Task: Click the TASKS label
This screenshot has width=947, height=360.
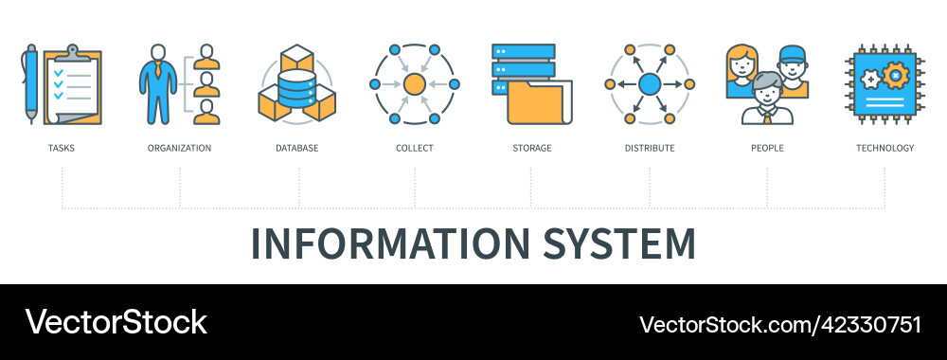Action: (62, 148)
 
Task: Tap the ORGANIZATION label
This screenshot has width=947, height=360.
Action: (179, 148)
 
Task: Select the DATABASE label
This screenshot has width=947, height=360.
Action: (296, 148)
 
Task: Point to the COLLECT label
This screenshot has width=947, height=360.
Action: (414, 148)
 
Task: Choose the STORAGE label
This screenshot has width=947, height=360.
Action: (531, 148)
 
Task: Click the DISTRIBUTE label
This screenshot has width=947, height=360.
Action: (650, 148)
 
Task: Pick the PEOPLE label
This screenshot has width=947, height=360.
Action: (767, 148)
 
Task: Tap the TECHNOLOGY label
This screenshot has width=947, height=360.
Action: (884, 148)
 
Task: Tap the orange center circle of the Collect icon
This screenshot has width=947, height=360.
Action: (414, 84)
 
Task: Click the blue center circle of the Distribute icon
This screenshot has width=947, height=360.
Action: (650, 84)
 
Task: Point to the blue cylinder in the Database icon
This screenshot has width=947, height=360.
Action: (296, 88)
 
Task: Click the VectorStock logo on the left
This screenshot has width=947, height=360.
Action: (116, 322)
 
